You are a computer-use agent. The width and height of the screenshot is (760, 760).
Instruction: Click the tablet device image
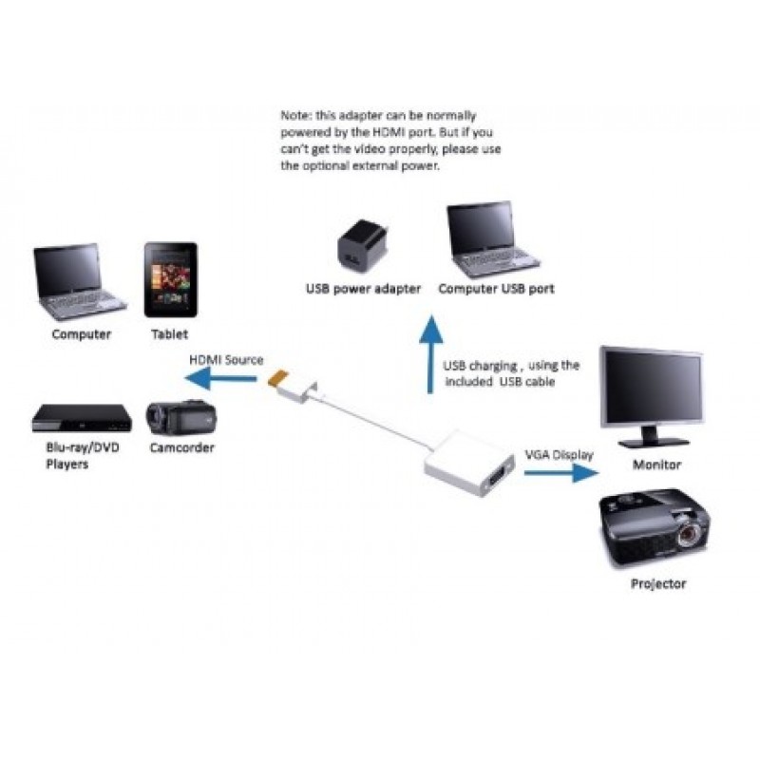(171, 280)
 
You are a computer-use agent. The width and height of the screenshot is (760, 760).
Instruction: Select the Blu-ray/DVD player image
(81, 418)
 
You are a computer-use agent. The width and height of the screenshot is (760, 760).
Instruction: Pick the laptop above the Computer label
(78, 281)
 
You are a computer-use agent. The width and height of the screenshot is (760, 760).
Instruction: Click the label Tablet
(170, 334)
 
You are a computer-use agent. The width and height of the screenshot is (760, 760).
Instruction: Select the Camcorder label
(181, 447)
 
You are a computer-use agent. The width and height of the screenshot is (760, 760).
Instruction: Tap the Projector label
(658, 583)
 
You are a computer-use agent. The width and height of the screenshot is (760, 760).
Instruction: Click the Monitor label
(657, 465)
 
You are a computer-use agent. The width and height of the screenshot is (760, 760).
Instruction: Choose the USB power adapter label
(363, 289)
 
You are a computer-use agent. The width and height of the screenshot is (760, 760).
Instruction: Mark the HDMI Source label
(226, 360)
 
